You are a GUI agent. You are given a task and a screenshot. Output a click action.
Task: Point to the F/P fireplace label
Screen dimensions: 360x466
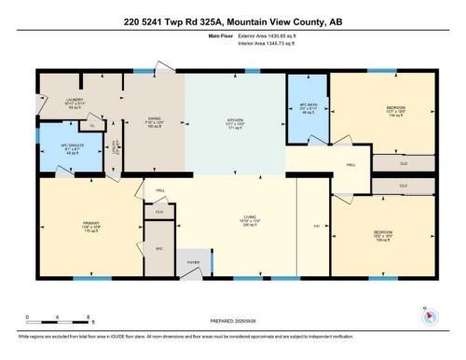316,226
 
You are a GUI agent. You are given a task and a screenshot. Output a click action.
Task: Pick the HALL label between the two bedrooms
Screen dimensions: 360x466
351,164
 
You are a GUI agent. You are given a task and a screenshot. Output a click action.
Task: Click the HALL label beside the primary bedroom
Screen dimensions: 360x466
160,189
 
